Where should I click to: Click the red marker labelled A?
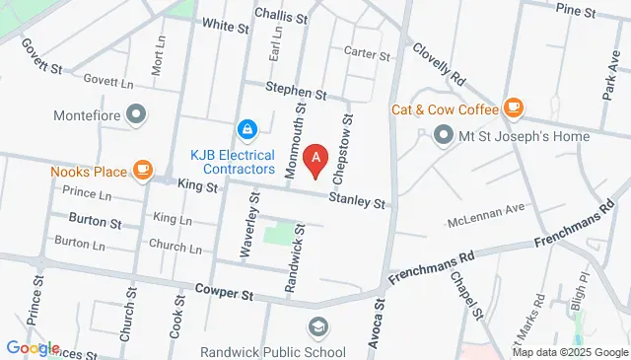pyautogui.click(x=315, y=158)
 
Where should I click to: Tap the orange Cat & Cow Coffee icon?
pyautogui.click(x=513, y=107)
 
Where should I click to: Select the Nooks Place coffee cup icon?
pyautogui.click(x=144, y=171)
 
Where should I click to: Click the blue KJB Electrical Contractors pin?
pyautogui.click(x=245, y=128)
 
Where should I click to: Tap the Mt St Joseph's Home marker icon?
pyautogui.click(x=444, y=133)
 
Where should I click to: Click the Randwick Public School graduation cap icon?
pyautogui.click(x=318, y=326)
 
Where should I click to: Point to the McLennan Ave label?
pyautogui.click(x=487, y=209)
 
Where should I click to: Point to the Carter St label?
pyautogui.click(x=368, y=55)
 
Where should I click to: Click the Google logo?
pyautogui.click(x=32, y=348)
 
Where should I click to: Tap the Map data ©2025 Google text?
pyautogui.click(x=569, y=352)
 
